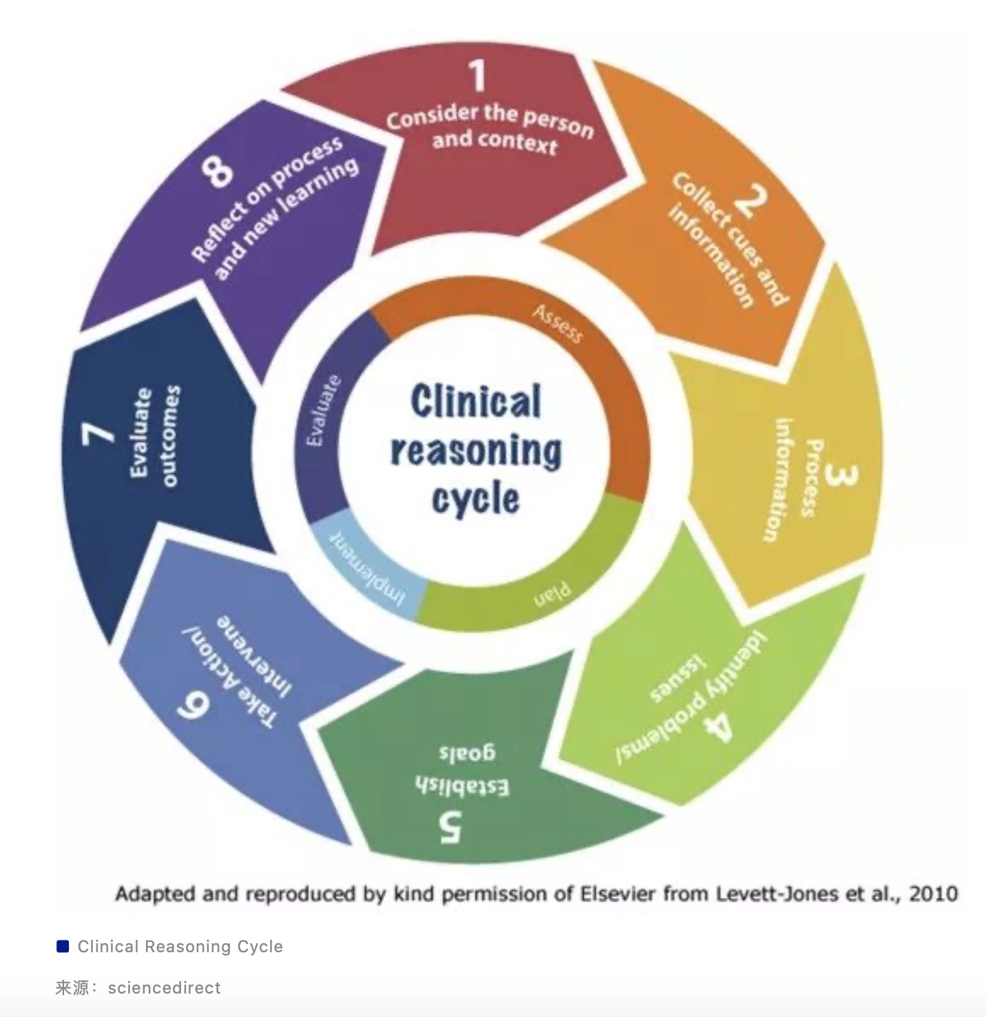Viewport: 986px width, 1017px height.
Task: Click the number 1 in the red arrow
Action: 477,76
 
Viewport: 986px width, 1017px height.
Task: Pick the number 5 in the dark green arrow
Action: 451,827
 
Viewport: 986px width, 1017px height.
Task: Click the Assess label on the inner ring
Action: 558,324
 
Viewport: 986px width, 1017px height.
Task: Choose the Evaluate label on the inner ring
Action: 324,411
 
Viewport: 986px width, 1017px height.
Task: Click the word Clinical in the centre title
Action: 476,402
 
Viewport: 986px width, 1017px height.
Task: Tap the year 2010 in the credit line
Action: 933,894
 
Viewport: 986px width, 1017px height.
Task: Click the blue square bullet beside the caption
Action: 63,946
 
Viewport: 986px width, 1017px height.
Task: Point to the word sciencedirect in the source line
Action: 164,987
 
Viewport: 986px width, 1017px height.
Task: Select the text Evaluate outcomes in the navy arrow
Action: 154,435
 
